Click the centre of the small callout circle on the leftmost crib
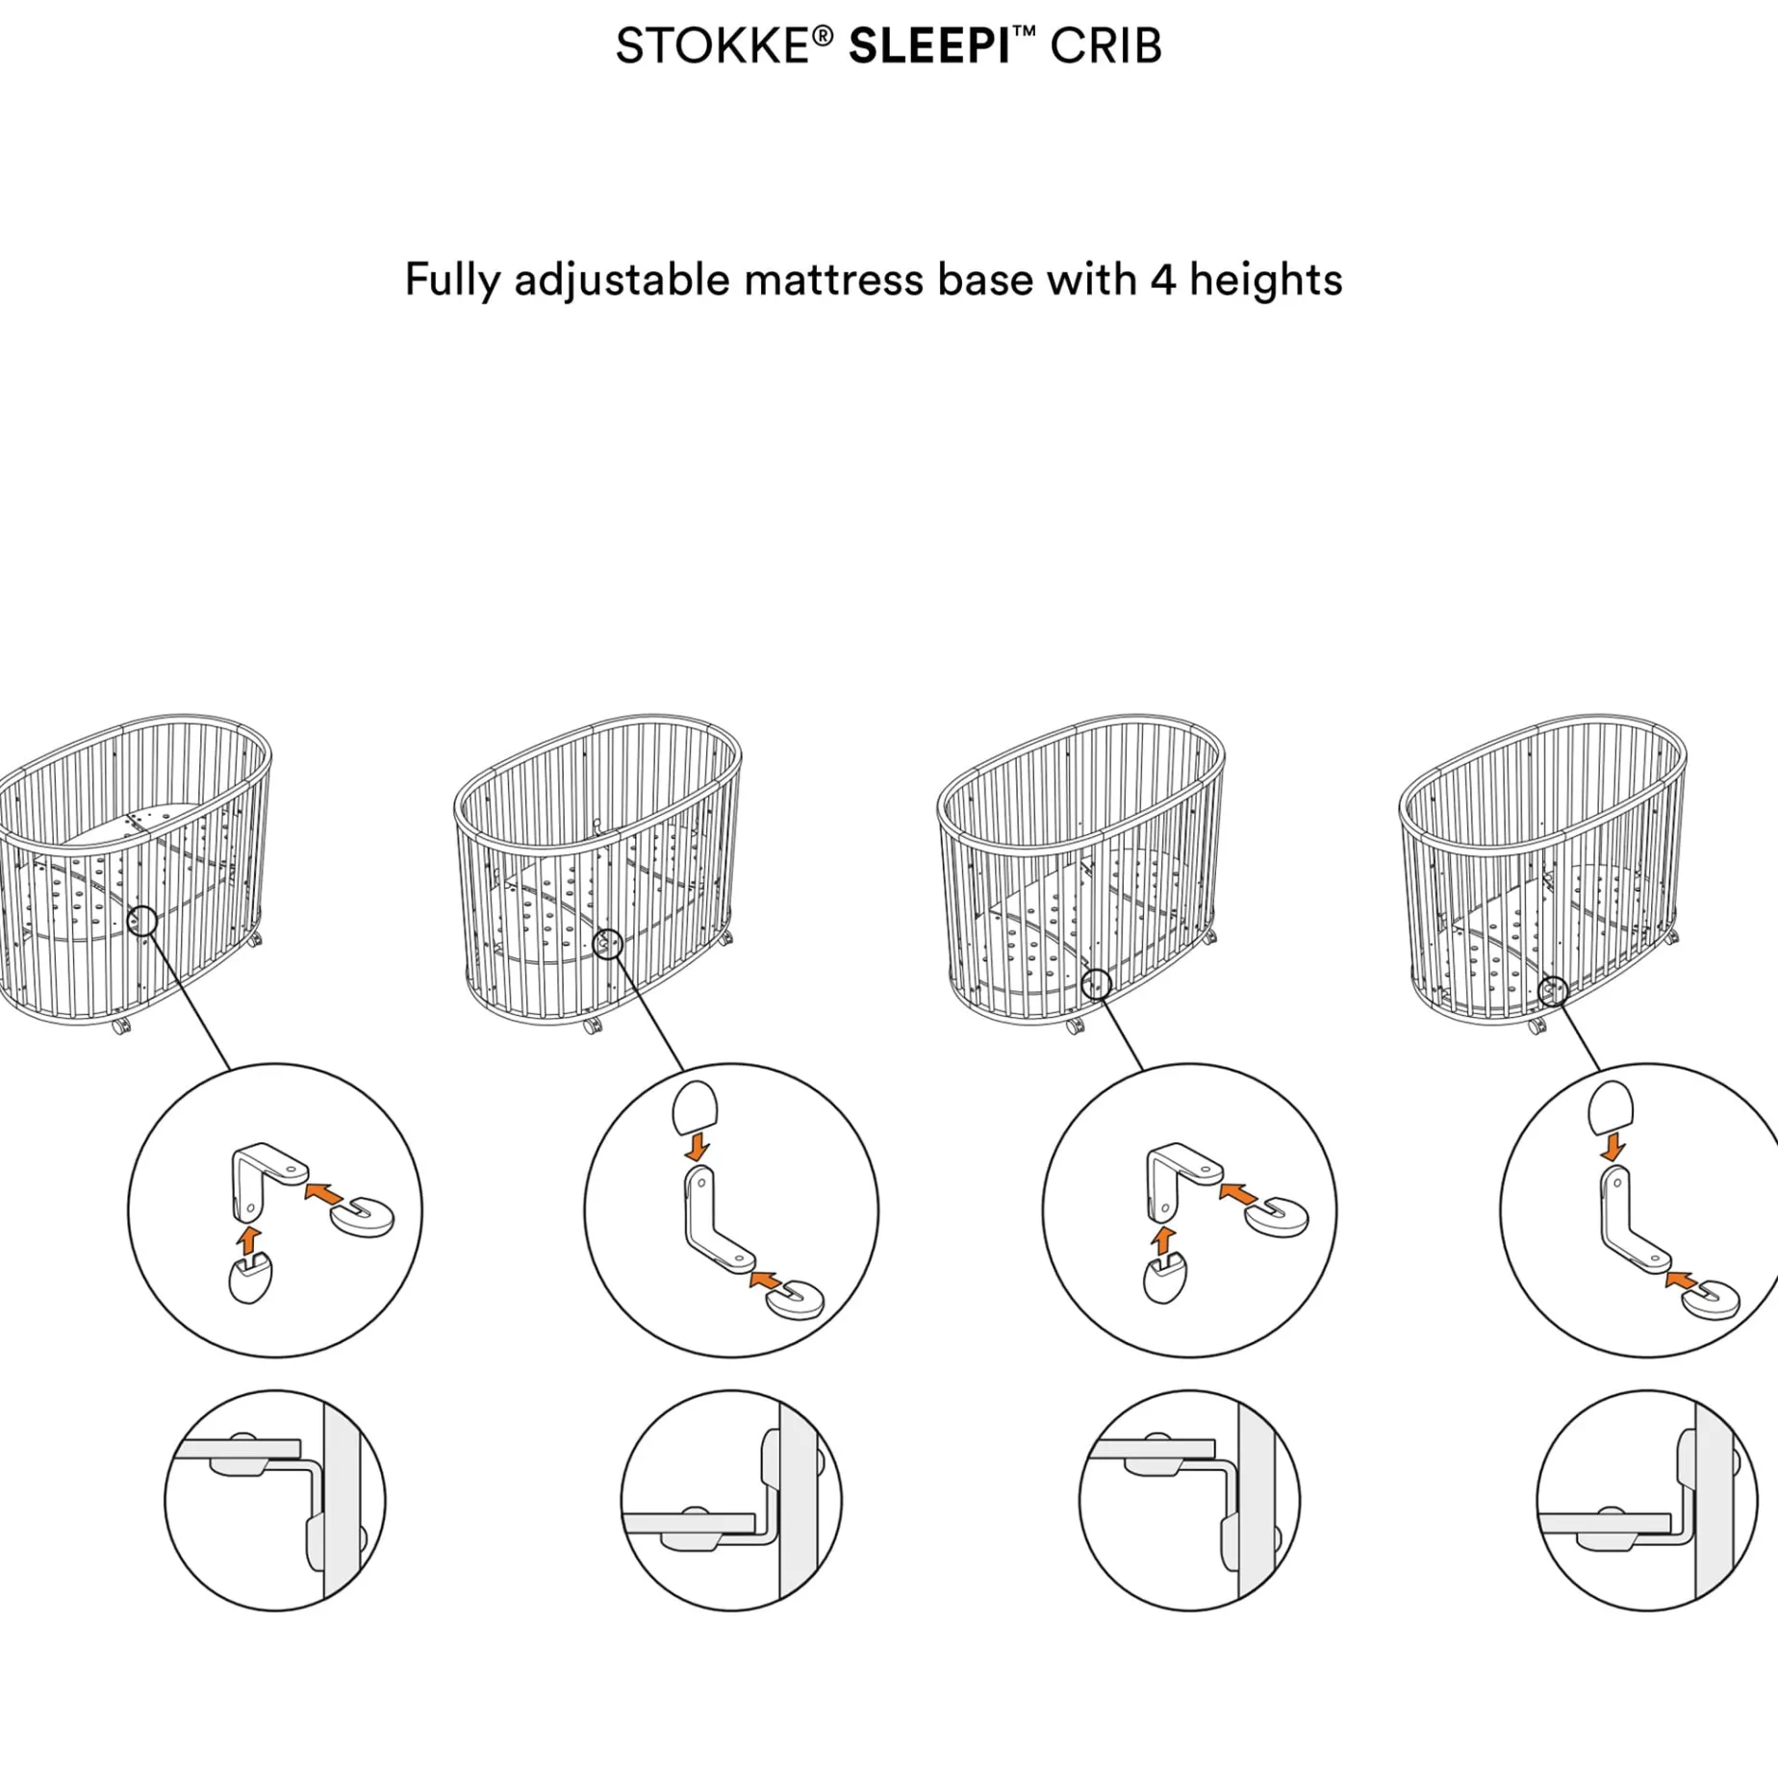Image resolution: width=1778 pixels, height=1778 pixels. click(142, 921)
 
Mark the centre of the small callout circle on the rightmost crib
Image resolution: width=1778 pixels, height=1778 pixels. click(1553, 991)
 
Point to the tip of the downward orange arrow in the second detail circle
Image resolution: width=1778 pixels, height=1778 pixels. click(697, 1159)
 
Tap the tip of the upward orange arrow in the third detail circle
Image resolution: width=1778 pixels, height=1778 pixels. click(1164, 1228)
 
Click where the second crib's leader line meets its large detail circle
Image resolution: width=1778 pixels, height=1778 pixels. click(684, 1071)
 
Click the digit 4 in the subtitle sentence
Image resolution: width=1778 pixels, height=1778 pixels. click(1163, 280)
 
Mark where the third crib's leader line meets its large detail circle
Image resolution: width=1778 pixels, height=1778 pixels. click(1143, 1071)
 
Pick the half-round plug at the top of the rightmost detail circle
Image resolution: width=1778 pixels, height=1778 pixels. click(1611, 1107)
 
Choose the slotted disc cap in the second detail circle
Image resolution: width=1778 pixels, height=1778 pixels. click(796, 1300)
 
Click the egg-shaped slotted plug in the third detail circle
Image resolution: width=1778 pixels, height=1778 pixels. click(1165, 1277)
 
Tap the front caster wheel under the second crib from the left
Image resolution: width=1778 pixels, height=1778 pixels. click(593, 1026)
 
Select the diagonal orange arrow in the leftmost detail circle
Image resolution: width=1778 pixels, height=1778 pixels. click(323, 1194)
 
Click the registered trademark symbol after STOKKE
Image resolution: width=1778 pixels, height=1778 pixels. click(823, 37)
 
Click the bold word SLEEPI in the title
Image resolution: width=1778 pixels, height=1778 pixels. click(929, 46)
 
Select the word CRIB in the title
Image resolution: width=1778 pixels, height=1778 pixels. click(1105, 46)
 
